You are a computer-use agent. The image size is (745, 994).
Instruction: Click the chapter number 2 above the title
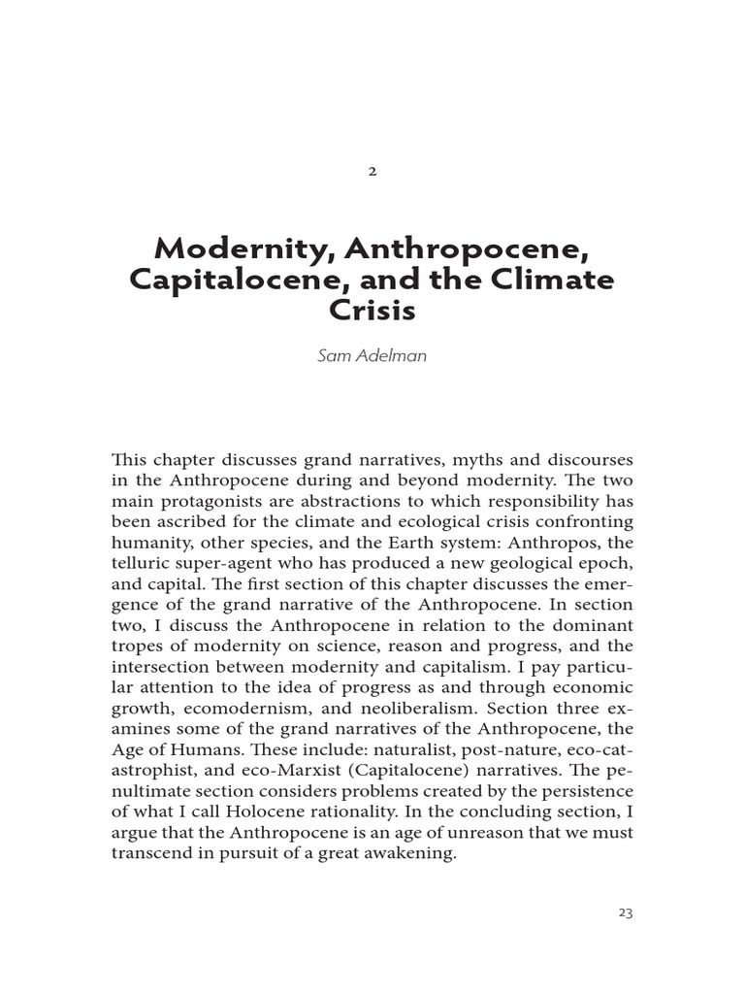coord(372,171)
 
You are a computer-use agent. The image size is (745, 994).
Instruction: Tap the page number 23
coord(625,912)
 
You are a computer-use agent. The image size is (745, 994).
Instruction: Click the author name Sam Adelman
coord(372,356)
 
